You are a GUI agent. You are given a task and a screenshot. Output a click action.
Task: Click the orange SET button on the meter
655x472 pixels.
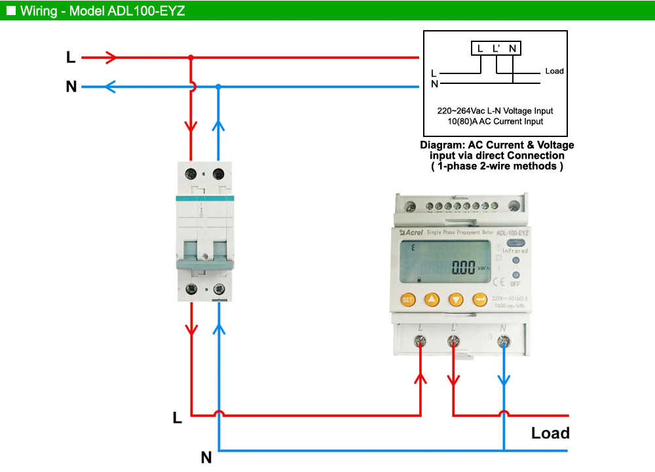coord(407,300)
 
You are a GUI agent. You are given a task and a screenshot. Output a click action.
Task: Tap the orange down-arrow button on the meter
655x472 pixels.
coord(456,300)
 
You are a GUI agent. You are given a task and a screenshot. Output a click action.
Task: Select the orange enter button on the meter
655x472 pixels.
coord(480,300)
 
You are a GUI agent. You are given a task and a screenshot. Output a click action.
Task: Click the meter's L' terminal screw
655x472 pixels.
coord(453,342)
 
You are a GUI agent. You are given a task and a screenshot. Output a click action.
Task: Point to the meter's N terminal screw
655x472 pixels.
coord(503,342)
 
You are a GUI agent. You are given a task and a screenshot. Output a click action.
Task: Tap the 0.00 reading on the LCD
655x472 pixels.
coord(463,267)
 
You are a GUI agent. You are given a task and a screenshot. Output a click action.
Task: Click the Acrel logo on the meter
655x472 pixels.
coord(411,232)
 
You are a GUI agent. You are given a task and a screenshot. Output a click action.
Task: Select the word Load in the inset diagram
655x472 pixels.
coord(554,71)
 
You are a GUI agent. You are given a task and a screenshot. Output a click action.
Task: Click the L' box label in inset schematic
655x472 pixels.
coord(496,49)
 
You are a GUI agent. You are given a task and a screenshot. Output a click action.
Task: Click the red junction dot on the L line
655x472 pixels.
coord(191,58)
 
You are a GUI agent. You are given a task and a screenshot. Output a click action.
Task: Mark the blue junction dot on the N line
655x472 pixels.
coord(219,87)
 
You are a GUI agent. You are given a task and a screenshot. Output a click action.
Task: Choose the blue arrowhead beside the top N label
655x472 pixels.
coord(112,87)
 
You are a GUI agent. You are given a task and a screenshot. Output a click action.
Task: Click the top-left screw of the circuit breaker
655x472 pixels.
coord(191,175)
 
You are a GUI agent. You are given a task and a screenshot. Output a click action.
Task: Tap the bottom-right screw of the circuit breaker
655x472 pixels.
coord(219,288)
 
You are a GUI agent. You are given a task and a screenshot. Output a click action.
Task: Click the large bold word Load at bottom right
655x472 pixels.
coord(550,433)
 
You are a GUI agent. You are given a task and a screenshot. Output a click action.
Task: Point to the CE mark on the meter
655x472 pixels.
coord(498,283)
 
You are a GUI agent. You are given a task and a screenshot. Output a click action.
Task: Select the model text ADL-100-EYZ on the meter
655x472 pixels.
coord(513,233)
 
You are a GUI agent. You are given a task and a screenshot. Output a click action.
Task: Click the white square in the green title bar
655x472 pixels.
coord(10,10)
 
